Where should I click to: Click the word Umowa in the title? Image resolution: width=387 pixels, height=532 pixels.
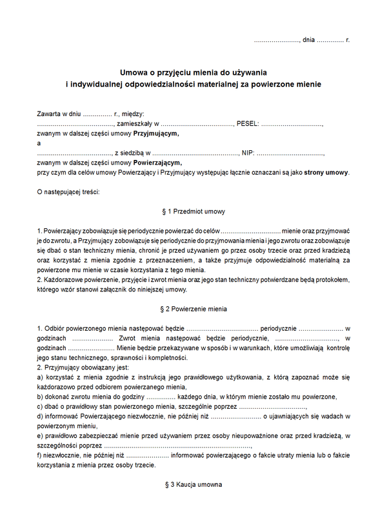(134, 72)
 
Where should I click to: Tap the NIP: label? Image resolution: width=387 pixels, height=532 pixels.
(248, 153)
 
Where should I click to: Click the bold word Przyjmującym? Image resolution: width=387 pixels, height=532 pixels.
(155, 133)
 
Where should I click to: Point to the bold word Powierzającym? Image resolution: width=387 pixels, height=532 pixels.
(157, 163)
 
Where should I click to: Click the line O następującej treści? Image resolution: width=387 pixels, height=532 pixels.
(68, 192)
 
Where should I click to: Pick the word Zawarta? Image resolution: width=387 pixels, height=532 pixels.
(49, 113)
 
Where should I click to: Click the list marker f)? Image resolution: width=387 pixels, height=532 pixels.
(40, 455)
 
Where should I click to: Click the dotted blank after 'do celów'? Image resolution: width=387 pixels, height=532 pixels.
(252, 230)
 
